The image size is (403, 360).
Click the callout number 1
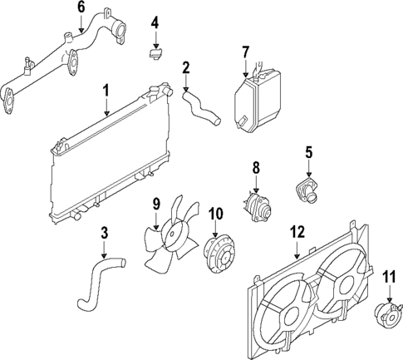coord(106,89)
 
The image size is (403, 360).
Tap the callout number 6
coord(81,7)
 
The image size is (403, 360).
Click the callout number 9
coord(155,204)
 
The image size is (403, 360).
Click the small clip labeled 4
coord(155,55)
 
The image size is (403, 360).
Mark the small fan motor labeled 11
coord(387,313)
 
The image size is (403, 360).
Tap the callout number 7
coord(245,52)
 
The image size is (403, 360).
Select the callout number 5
coord(308,152)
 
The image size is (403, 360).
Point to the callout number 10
coord(214,213)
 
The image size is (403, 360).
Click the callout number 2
coord(186,67)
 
